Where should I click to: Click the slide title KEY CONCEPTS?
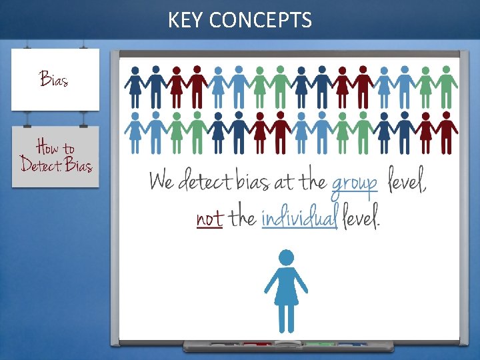click(239, 21)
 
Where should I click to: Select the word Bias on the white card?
click(53, 79)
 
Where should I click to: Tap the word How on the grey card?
click(47, 147)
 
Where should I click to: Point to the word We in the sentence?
click(162, 181)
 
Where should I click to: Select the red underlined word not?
click(209, 218)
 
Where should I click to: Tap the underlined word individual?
click(299, 218)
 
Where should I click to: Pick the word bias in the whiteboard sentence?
click(257, 181)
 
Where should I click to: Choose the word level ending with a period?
click(361, 217)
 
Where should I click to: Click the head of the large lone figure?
click(286, 257)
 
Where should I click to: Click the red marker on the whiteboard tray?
click(254, 345)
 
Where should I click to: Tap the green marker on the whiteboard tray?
click(320, 345)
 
